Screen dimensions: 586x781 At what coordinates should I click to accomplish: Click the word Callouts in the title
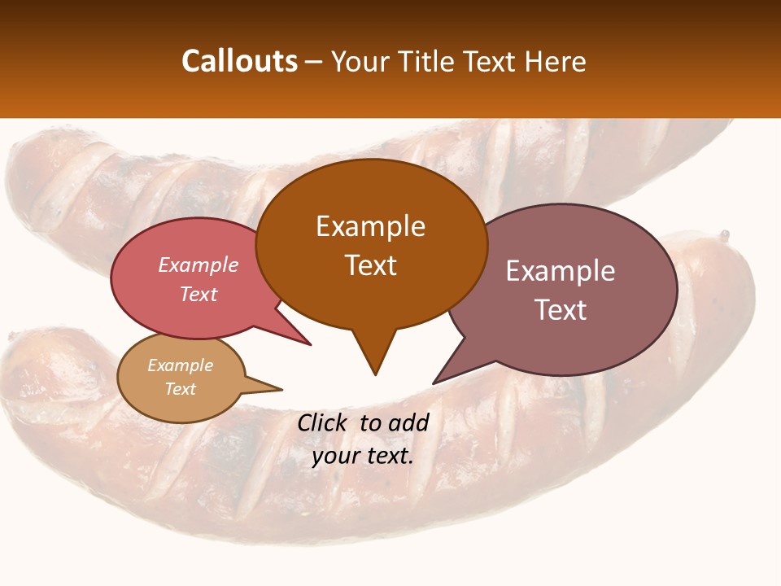pos(239,61)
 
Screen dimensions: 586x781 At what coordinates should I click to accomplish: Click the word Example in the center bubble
pos(371,226)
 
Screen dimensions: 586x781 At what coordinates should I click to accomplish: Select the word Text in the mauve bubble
pos(561,310)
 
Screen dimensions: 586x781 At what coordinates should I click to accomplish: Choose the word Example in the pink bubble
pos(199,265)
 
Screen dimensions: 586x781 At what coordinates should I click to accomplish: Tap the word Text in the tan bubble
pos(181,389)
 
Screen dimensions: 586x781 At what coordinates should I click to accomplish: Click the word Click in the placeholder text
pos(324,422)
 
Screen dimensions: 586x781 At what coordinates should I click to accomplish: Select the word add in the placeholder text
pos(408,422)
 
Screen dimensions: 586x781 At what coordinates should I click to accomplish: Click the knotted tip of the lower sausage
pos(724,235)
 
